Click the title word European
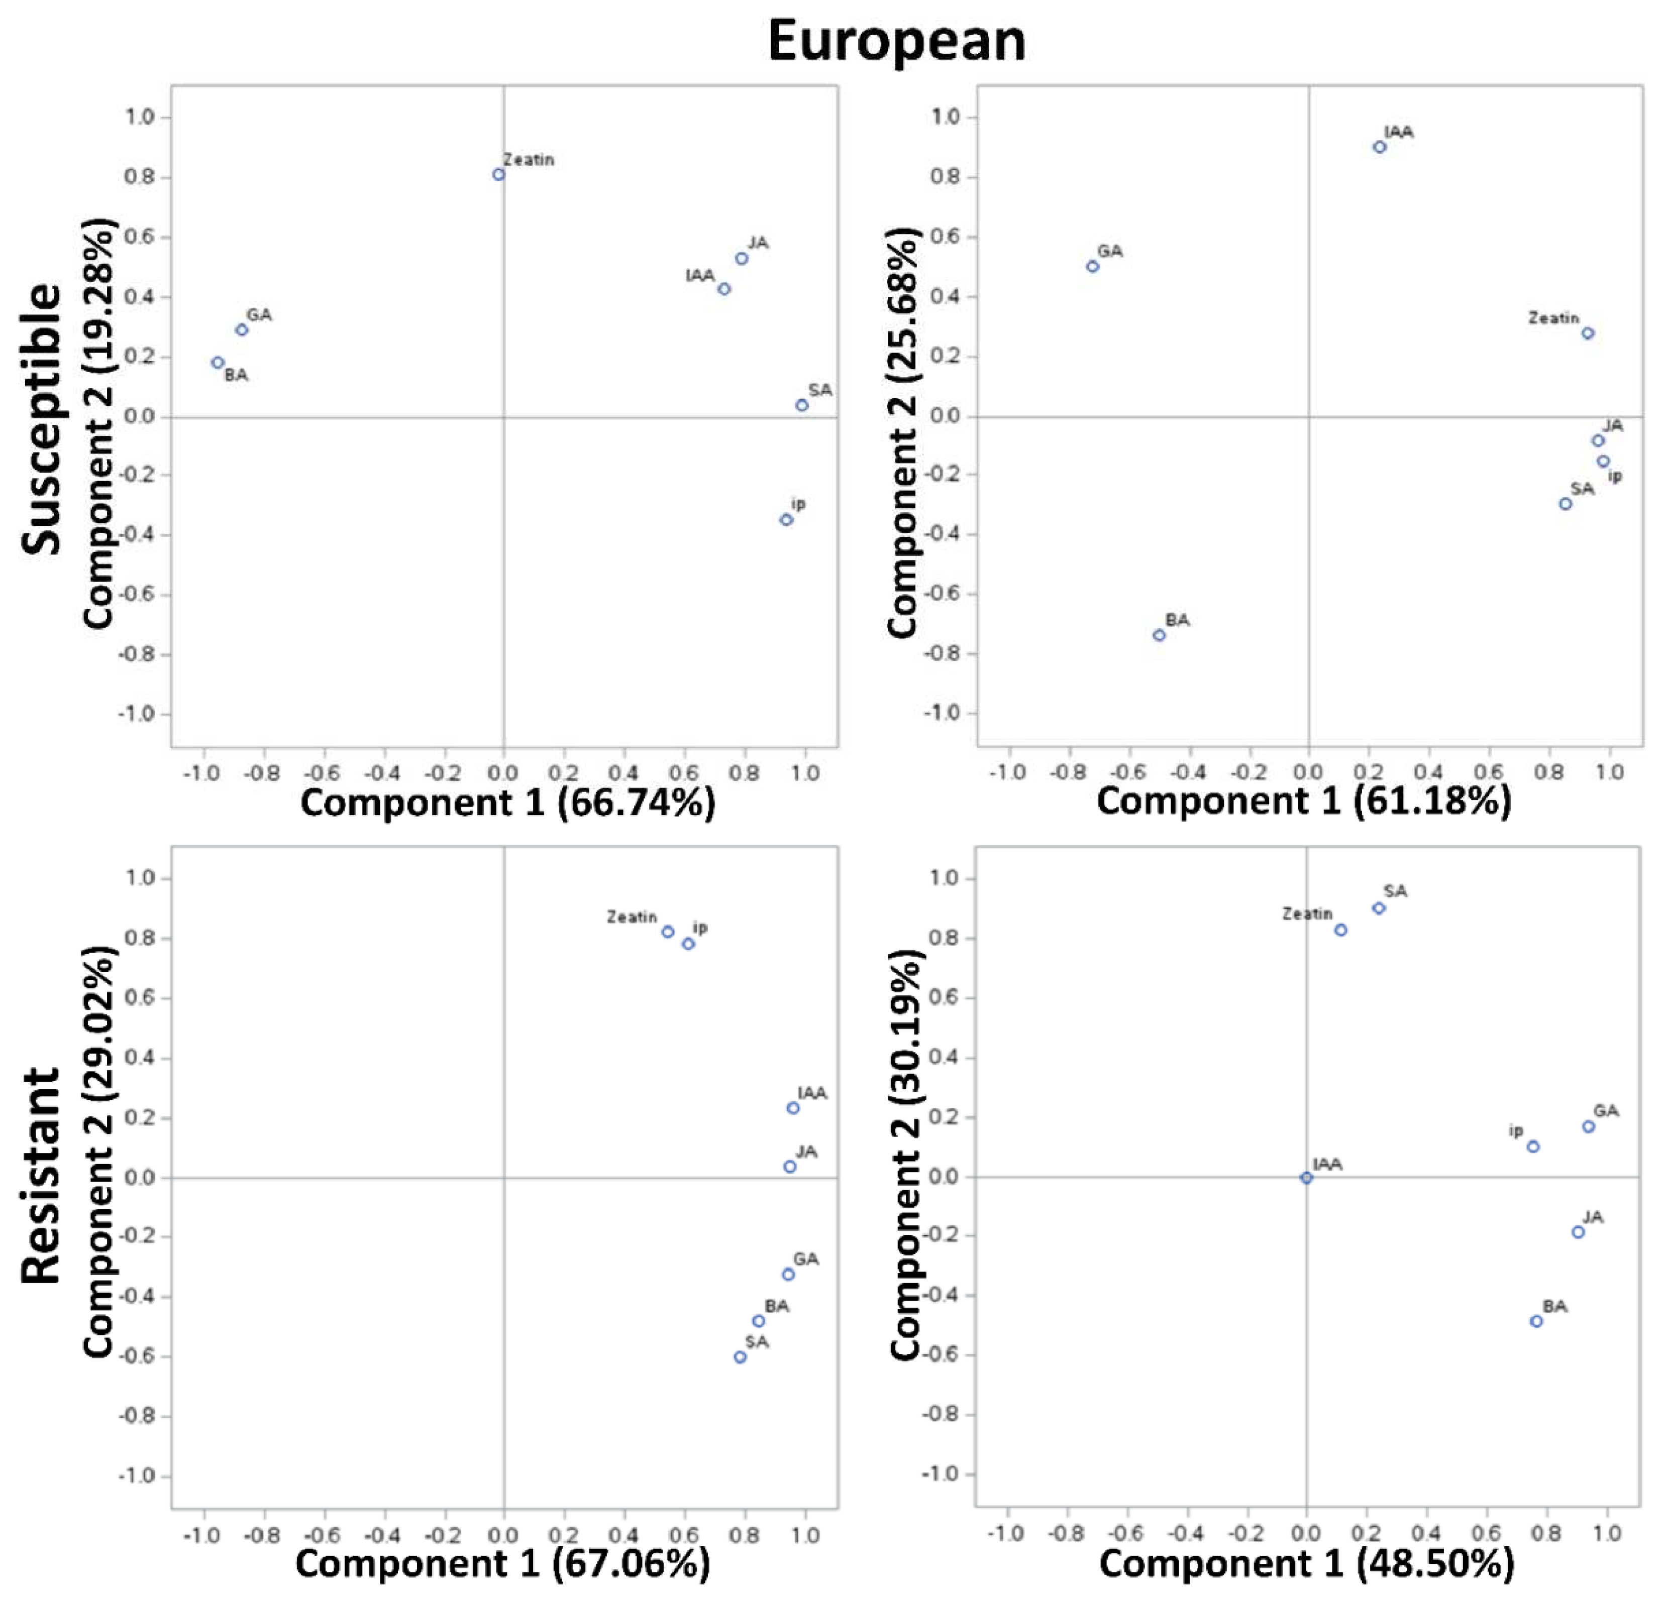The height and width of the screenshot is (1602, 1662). [x=896, y=41]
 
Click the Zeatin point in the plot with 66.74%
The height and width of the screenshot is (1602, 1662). [x=498, y=175]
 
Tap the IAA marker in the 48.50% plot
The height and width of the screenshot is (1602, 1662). [x=1307, y=1177]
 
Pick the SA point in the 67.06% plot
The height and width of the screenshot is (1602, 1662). [x=740, y=1357]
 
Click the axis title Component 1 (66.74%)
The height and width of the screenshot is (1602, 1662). [x=507, y=803]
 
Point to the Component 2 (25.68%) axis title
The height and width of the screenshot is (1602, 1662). [x=902, y=432]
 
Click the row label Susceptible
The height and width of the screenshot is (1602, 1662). [x=41, y=419]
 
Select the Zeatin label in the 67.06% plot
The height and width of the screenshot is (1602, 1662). [x=631, y=917]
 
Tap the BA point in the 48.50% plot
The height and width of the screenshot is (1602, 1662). [x=1536, y=1321]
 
